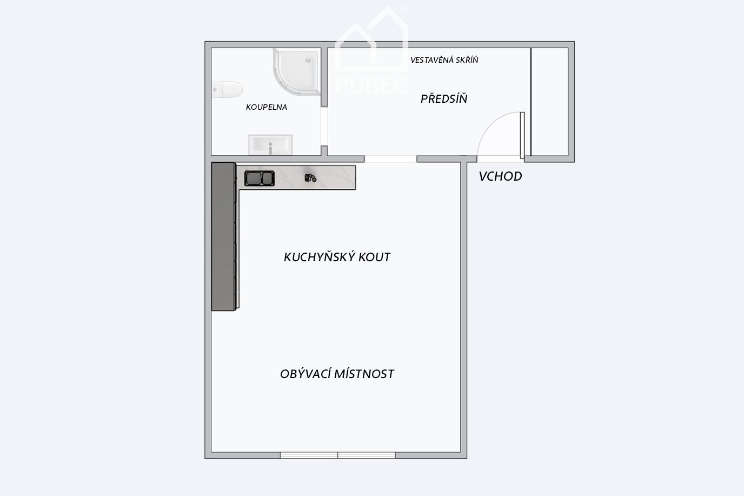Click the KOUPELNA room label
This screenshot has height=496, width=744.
tap(267, 107)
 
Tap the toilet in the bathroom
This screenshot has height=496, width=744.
tap(227, 89)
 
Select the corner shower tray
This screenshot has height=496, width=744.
tap(296, 71)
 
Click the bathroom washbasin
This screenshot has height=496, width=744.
tap(270, 145)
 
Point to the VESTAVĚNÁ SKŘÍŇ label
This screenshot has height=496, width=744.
tap(444, 60)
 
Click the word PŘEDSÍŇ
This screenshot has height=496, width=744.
tap(444, 98)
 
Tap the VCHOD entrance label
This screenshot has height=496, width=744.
tap(500, 176)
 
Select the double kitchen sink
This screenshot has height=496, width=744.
tap(260, 178)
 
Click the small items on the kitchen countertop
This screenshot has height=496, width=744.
tap(310, 178)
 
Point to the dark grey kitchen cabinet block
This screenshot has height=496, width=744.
tap(223, 236)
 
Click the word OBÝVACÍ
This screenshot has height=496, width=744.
tap(304, 374)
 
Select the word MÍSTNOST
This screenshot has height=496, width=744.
tap(364, 374)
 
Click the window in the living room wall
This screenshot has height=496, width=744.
tap(338, 455)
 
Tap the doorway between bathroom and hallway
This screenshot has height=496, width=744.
tap(324, 126)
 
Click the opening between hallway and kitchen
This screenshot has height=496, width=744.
tap(390, 159)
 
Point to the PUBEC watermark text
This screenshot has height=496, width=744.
tap(371, 85)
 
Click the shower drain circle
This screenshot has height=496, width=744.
tap(308, 61)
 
